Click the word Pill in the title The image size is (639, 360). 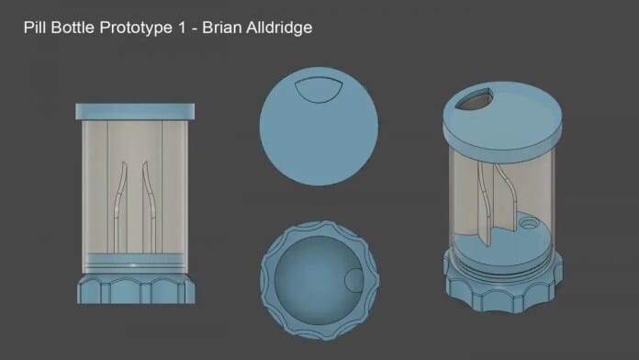35,28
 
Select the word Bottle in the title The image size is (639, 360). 73,28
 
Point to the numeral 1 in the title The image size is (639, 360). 182,28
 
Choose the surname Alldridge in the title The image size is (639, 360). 278,28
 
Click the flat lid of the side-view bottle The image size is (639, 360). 135,112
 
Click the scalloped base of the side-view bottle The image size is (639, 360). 136,290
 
